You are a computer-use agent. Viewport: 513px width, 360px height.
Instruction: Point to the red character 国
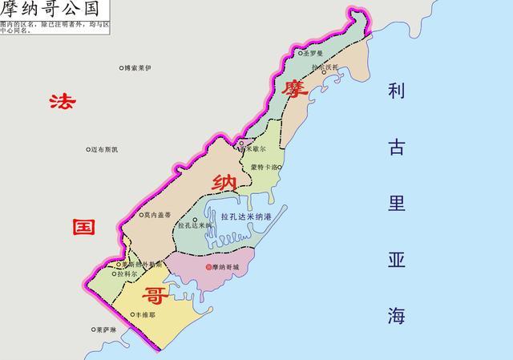[85, 226]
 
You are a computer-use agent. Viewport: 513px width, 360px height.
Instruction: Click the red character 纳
[221, 182]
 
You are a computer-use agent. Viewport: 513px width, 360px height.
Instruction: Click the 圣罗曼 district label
[315, 53]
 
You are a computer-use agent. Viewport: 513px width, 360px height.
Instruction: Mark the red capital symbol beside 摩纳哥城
[209, 267]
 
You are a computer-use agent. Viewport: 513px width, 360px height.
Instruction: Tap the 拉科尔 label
[127, 274]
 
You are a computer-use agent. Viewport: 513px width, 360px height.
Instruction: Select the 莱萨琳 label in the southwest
[106, 330]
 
